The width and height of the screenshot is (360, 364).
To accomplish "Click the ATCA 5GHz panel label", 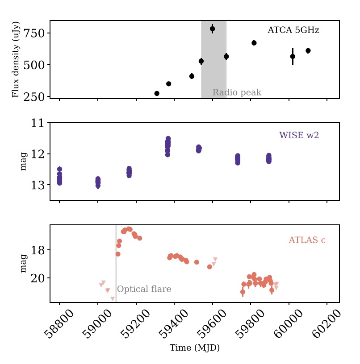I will (x=293, y=30).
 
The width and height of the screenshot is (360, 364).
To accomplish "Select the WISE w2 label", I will (x=299, y=136).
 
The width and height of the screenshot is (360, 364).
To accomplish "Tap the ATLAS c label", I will (x=307, y=240).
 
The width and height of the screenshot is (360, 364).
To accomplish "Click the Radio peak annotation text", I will (x=237, y=93).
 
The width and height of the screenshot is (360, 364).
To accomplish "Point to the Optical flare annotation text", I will (x=144, y=290).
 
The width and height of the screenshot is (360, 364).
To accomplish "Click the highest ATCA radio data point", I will (x=213, y=29).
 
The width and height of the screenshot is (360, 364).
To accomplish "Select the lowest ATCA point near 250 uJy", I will (x=157, y=93).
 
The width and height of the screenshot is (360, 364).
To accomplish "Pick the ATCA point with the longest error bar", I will (x=293, y=56).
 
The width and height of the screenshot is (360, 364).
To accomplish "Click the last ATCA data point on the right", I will (x=308, y=50).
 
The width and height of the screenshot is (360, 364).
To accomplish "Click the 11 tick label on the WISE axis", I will (x=38, y=123).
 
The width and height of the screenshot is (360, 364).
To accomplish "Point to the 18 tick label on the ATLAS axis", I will (x=38, y=250).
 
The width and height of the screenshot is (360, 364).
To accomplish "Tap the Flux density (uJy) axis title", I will (x=16, y=59).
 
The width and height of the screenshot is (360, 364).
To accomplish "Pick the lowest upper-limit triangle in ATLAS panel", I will (x=113, y=298).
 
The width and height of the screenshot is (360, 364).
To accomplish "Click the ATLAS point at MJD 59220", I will (x=140, y=238).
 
